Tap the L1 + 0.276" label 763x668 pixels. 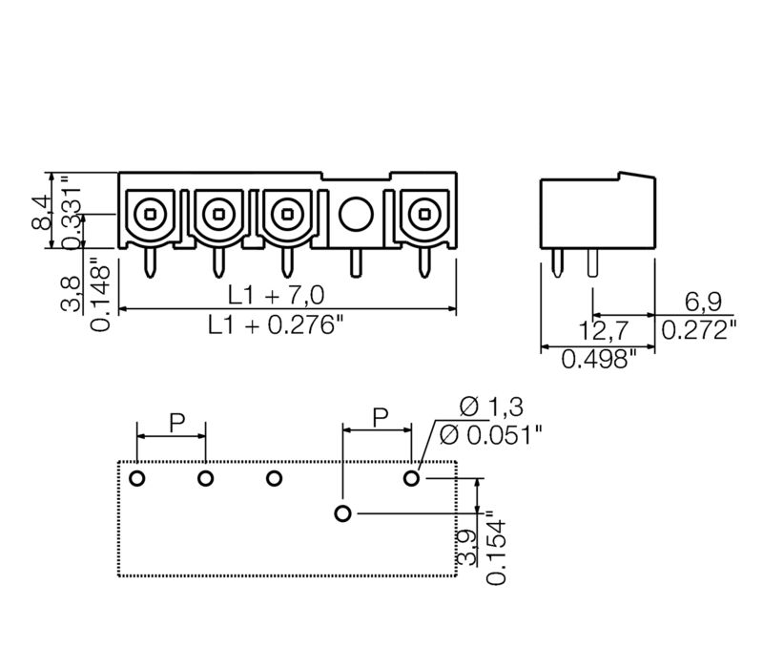[276, 325]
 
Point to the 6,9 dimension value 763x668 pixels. [703, 302]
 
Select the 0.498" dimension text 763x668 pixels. [598, 360]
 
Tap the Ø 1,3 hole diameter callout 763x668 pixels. [492, 406]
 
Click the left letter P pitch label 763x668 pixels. [177, 421]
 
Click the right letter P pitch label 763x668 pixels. [380, 416]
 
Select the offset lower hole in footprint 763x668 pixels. [343, 514]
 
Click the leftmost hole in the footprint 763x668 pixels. [137, 477]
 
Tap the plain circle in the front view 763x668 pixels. [356, 213]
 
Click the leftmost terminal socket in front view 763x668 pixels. [150, 213]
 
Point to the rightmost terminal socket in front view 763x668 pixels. [421, 213]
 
